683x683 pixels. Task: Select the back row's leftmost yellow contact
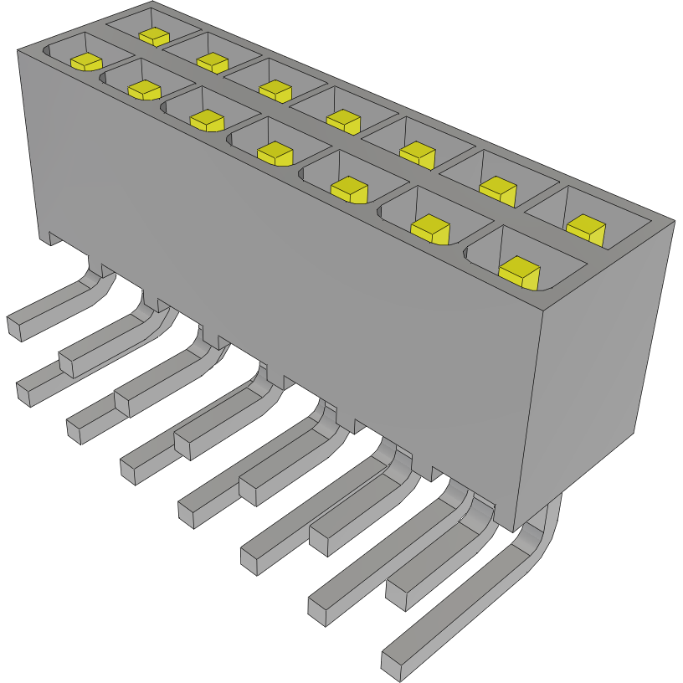154,37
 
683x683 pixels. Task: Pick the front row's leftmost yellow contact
85,62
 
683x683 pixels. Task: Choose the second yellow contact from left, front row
144,90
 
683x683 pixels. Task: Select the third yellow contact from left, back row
275,90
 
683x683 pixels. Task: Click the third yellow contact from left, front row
208,121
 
